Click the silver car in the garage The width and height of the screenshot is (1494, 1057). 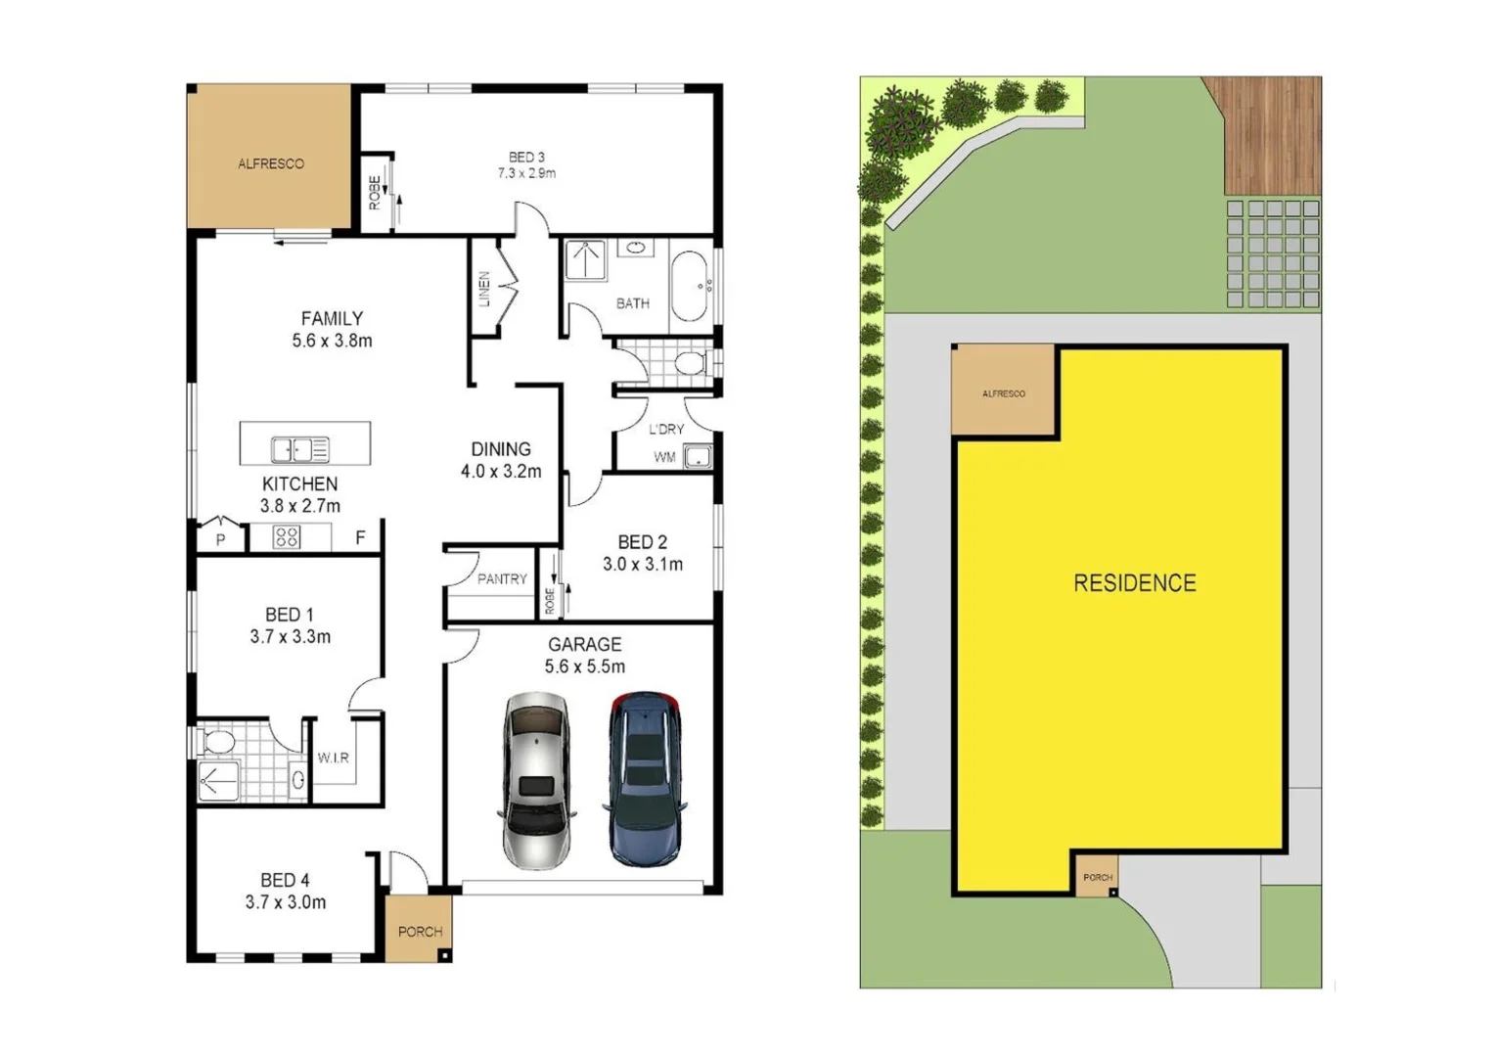pos(536,781)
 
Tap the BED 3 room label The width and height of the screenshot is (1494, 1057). pos(526,164)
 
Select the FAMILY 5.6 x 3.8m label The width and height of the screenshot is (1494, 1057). pos(332,330)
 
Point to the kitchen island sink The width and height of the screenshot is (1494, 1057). pos(299,449)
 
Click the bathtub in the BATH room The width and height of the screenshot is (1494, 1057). pos(691,286)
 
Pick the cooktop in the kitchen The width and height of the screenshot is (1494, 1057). pos(287,536)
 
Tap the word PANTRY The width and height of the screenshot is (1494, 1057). pos(502,579)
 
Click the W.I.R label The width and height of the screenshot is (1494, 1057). pos(333,758)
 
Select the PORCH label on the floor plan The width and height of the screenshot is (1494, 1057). pos(420,932)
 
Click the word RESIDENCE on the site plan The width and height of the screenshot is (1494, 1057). pos(1135,583)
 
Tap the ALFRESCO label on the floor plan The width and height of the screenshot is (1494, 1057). pos(271,163)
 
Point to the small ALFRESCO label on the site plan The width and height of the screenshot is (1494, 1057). pos(1004,393)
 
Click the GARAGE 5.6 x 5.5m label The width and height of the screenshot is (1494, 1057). pos(585,655)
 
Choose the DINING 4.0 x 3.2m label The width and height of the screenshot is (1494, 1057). pos(501,460)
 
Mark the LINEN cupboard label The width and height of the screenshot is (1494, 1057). pos(483,290)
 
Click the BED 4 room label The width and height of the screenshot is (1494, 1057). pos(285,891)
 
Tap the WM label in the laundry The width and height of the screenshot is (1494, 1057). pos(664,457)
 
